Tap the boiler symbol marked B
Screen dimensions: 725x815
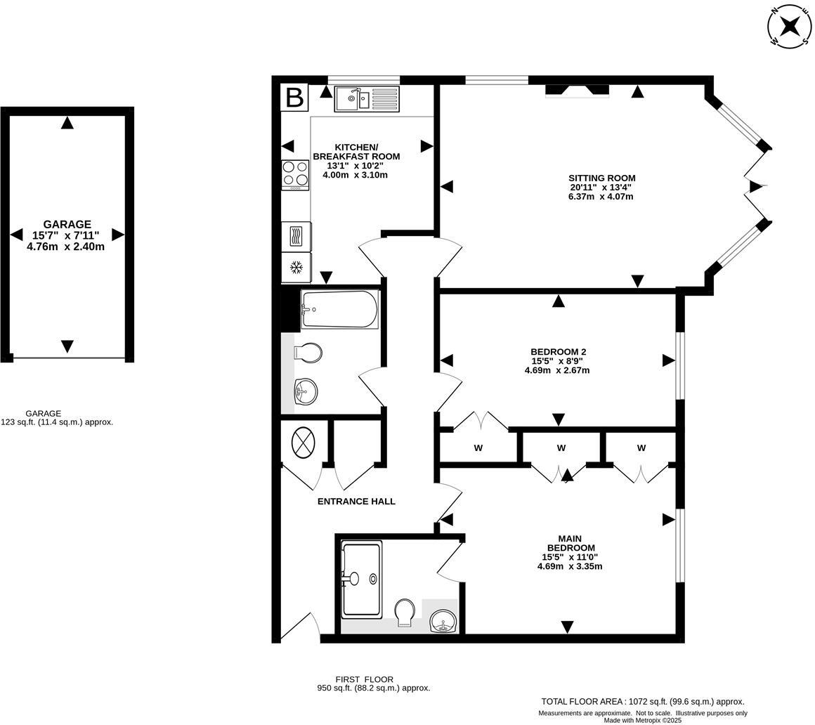[x=294, y=98]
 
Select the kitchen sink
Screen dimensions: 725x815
[x=366, y=99]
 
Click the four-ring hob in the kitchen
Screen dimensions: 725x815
[x=295, y=174]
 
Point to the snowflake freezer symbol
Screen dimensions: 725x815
[x=296, y=268]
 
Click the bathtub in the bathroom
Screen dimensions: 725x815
[x=339, y=309]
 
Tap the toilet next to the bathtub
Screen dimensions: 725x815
[x=308, y=352]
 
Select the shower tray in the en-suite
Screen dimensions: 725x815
[x=361, y=579]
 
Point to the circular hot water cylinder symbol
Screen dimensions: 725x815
[x=303, y=443]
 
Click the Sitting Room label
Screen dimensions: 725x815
[x=601, y=178]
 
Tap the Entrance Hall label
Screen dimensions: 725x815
[x=356, y=502]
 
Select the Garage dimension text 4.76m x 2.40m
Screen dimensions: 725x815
[x=65, y=247]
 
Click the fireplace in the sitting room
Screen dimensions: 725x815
[x=577, y=90]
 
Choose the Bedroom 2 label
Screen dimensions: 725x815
[x=558, y=352]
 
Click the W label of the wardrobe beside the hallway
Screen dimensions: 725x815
[x=478, y=448]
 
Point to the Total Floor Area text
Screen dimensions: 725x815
[x=642, y=701]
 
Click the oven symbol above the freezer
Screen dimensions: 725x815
[x=296, y=236]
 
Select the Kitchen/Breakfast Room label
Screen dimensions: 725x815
[x=356, y=152]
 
